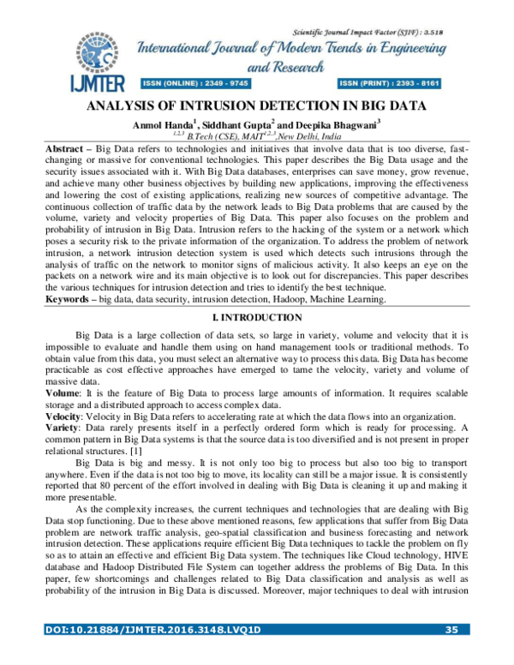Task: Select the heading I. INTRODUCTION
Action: pos(256,317)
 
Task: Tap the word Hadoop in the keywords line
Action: pos(290,299)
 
